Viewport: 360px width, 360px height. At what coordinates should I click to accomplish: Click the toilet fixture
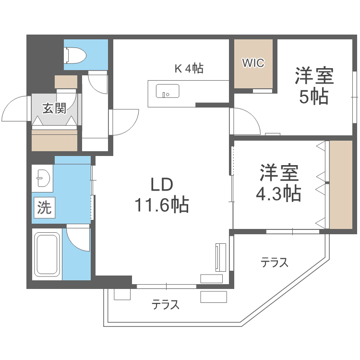[x=75, y=55]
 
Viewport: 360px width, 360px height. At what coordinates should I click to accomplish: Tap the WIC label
[x=253, y=63]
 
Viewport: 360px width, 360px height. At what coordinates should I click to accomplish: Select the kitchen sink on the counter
[x=168, y=91]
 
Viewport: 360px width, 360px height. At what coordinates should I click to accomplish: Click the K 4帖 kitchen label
[x=189, y=69]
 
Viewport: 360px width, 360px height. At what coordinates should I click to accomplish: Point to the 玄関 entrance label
[x=54, y=108]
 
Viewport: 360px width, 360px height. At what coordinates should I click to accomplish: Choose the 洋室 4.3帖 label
[x=279, y=183]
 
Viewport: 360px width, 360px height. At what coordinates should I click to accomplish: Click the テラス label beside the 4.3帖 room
[x=274, y=263]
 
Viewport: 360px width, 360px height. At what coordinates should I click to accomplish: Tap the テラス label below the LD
[x=166, y=304]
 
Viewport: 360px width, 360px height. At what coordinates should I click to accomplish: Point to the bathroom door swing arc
[x=78, y=238]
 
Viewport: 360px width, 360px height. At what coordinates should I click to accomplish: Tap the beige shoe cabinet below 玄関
[x=54, y=140]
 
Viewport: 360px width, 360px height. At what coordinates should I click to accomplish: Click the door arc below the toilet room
[x=99, y=83]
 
